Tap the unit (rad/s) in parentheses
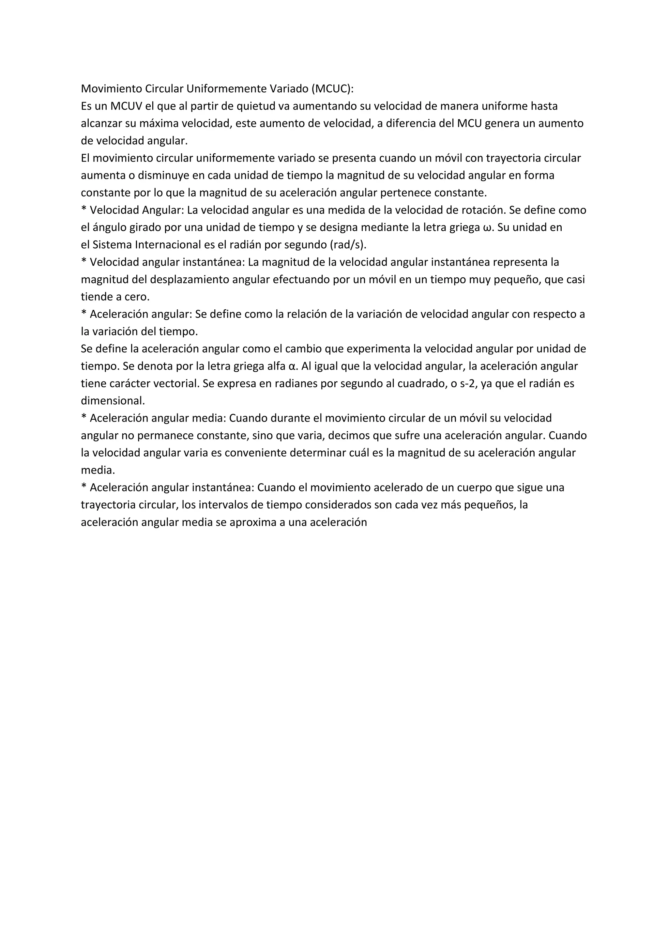coord(348,245)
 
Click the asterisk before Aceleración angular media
coord(83,417)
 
